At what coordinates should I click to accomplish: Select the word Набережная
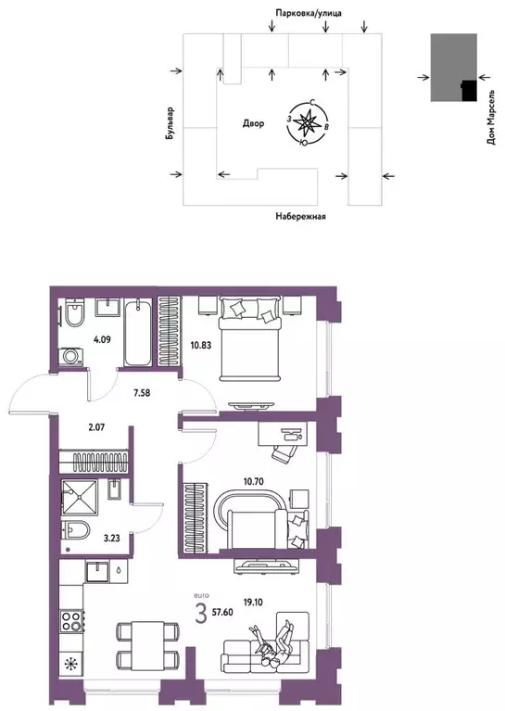tap(301, 216)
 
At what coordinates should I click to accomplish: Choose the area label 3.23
tap(110, 537)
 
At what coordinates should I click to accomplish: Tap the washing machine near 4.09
tap(69, 356)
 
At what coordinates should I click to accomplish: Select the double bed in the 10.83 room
tap(248, 336)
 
